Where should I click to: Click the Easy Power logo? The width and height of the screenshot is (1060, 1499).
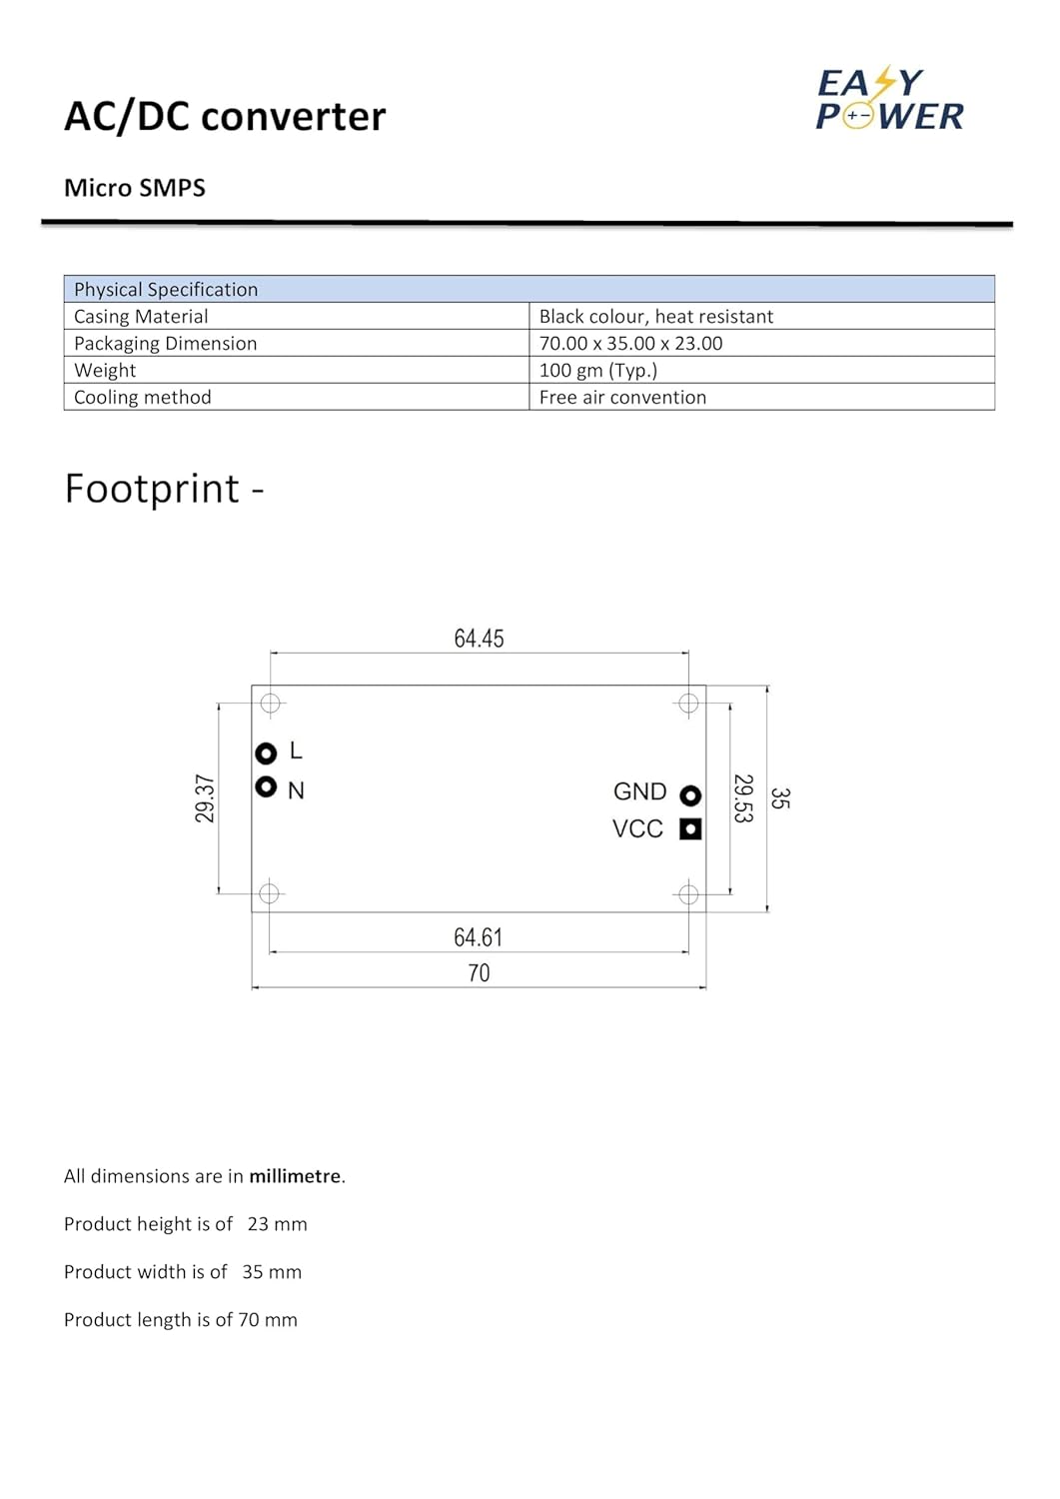click(889, 100)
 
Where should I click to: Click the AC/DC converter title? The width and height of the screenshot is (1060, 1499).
click(225, 117)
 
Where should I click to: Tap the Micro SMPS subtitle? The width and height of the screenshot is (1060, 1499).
click(135, 188)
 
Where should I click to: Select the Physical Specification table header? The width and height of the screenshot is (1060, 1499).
click(166, 289)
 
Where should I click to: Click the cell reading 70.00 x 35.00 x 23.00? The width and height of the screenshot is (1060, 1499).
click(630, 343)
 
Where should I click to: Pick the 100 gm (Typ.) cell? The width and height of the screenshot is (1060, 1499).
click(597, 370)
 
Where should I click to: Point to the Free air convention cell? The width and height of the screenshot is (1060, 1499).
click(622, 397)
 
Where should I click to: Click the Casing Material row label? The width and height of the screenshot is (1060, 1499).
click(141, 316)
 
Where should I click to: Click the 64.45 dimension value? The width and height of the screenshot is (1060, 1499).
click(479, 639)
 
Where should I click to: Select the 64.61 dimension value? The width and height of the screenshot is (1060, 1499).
click(478, 937)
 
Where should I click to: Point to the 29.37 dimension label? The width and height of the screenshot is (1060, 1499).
click(205, 798)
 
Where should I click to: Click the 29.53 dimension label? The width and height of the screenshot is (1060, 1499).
click(742, 798)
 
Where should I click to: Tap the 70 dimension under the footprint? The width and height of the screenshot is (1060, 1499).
click(479, 973)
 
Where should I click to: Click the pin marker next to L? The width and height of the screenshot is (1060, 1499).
click(266, 752)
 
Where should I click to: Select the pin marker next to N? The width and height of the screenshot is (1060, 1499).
click(266, 787)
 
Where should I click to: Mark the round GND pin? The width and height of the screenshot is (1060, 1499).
click(690, 795)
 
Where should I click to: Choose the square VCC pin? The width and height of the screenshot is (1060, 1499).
click(690, 828)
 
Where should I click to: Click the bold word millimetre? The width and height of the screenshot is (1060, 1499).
click(295, 1176)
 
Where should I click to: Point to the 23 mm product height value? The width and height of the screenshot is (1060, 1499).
click(278, 1224)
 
